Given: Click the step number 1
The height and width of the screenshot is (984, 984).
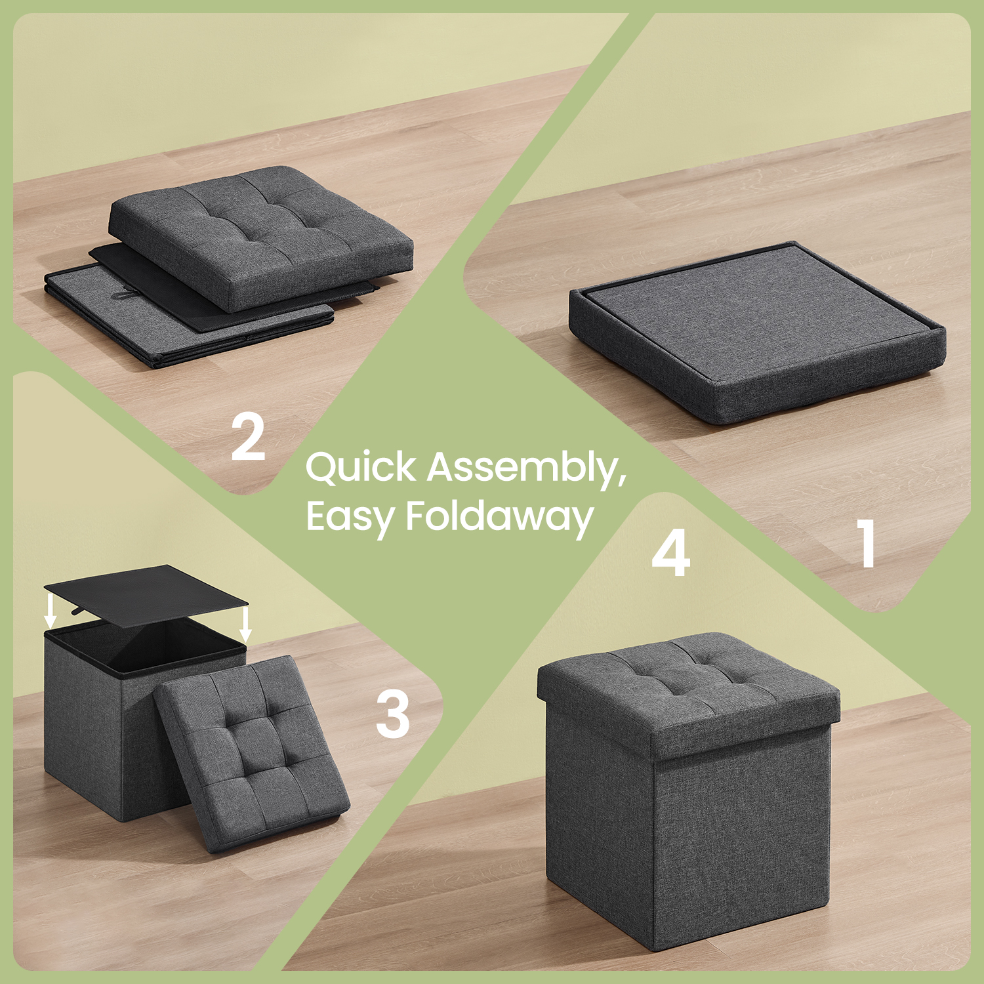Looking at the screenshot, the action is (867, 543).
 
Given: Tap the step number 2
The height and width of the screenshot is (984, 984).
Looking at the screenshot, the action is (248, 436).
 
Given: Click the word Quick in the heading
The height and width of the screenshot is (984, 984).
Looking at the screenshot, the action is (361, 468).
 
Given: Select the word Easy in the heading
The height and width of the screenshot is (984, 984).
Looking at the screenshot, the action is (350, 518).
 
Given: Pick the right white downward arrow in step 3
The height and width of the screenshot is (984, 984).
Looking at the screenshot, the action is (245, 623).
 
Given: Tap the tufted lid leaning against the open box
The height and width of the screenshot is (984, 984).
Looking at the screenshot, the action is (251, 752).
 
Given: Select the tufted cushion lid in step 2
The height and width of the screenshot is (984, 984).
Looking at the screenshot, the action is (260, 236).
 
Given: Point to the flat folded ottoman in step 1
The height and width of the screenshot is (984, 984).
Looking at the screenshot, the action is (758, 332).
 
